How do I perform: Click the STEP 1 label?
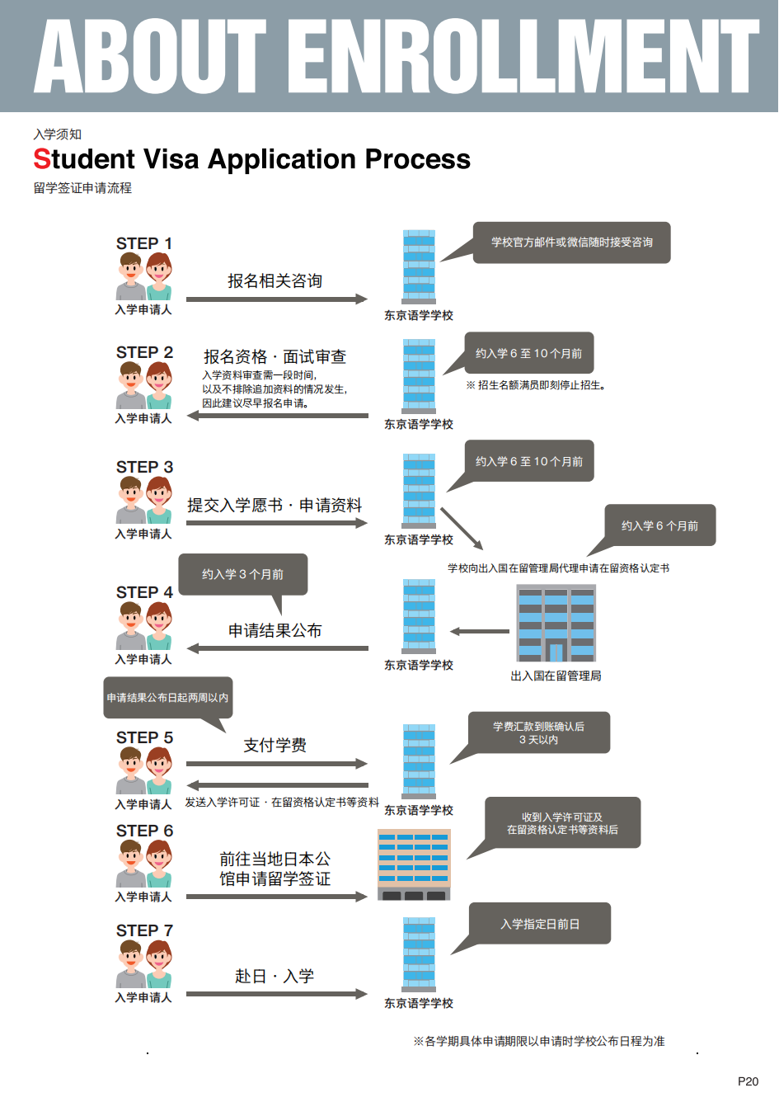tap(144, 243)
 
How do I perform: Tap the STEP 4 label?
tap(144, 592)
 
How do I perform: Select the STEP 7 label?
tap(144, 930)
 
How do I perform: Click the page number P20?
tap(748, 1081)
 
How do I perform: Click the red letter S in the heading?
tap(41, 159)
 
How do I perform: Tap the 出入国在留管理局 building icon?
tap(556, 624)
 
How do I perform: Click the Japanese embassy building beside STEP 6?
tap(414, 864)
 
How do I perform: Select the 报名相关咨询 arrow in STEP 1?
tap(276, 299)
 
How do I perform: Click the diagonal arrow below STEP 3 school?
tap(462, 528)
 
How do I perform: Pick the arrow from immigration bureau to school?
tap(480, 632)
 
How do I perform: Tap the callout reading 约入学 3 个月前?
tap(242, 574)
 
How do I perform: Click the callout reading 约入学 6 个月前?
tap(659, 525)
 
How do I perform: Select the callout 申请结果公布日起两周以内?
tap(167, 698)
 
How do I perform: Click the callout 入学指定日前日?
tap(540, 924)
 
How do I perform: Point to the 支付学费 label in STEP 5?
tap(275, 746)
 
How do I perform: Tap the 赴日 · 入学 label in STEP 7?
tap(275, 977)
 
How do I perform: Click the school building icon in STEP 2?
tap(419, 376)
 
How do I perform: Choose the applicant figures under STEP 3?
tap(143, 500)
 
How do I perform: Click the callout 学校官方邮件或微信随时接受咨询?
tap(571, 243)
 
